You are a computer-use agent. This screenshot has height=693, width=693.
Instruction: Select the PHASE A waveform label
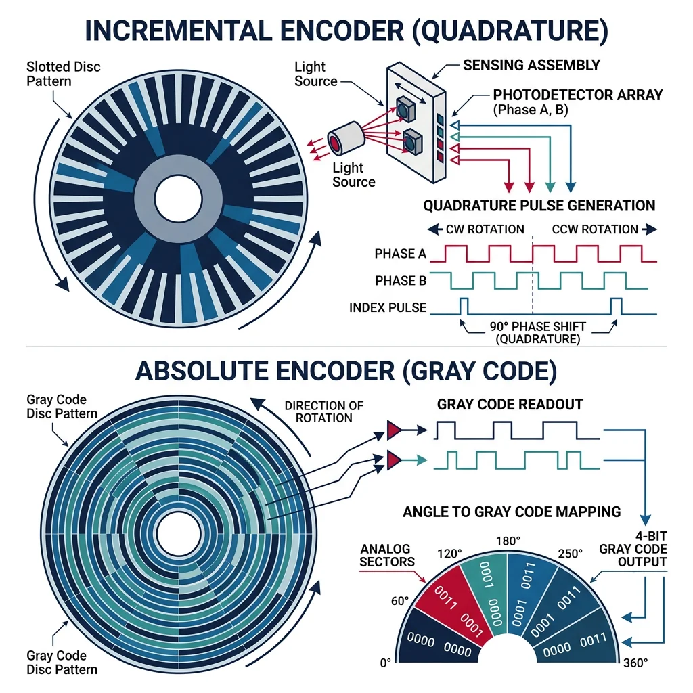(x=400, y=254)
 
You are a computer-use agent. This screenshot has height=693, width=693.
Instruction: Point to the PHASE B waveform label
(x=400, y=280)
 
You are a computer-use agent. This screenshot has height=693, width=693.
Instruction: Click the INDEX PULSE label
(x=388, y=307)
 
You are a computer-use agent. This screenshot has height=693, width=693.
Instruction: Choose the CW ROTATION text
(x=485, y=229)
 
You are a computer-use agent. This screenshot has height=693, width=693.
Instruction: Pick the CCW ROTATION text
(x=595, y=229)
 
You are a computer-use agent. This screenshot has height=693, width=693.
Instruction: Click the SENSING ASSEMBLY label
(x=531, y=66)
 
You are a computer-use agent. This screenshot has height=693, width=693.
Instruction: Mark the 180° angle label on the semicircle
(x=508, y=541)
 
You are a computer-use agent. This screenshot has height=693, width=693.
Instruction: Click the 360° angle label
(x=636, y=663)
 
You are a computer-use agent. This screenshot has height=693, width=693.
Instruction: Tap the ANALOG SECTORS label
(x=386, y=555)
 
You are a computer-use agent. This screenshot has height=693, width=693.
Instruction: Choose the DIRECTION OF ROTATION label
(x=323, y=411)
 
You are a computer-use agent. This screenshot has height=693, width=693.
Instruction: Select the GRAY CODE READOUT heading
(x=510, y=405)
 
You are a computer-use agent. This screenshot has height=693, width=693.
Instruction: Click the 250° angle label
(x=569, y=553)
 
